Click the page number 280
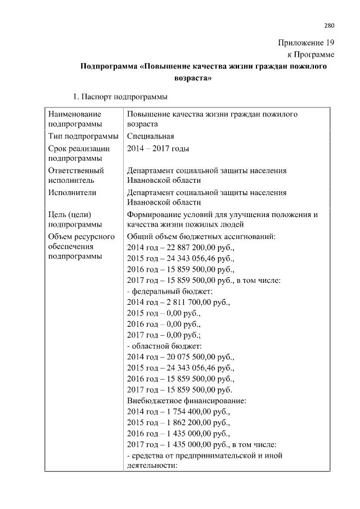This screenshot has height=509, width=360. tap(329, 25)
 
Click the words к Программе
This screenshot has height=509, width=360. tap(311, 55)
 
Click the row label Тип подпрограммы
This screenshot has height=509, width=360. tap(83, 136)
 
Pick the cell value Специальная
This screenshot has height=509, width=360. tap(150, 136)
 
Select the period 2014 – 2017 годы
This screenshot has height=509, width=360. tap(158, 148)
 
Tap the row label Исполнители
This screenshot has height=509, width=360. tap(73, 192)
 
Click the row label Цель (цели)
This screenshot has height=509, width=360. tap(70, 214)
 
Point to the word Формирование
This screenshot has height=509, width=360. tap(154, 214)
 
